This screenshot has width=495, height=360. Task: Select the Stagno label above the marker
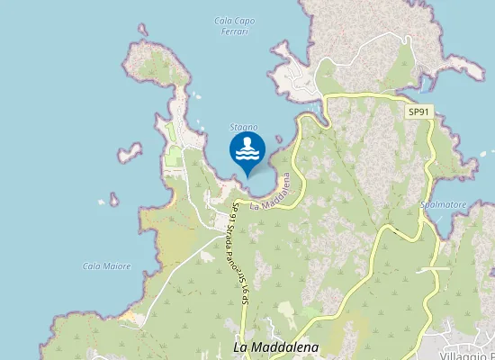click(243, 127)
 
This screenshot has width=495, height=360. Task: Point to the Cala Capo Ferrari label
click(232, 25)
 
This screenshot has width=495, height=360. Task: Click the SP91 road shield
click(418, 112)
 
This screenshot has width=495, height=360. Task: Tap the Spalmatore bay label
click(444, 204)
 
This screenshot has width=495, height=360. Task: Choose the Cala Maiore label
click(106, 265)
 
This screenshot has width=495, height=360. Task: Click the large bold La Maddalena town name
click(276, 346)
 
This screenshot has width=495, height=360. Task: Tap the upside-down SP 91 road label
click(244, 288)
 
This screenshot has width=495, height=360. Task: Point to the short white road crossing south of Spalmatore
click(434, 269)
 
